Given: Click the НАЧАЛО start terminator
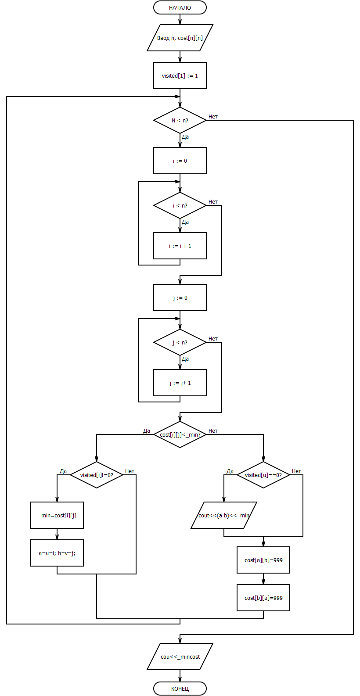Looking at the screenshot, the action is click(x=180, y=7).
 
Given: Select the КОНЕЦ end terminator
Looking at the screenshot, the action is click(x=180, y=689).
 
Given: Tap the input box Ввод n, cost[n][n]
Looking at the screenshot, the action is click(x=180, y=38).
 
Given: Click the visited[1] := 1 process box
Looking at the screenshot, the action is click(x=180, y=75).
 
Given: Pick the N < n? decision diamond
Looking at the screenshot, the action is click(x=180, y=120).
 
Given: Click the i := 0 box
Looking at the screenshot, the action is click(x=180, y=161).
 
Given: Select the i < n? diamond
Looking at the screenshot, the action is click(x=180, y=205).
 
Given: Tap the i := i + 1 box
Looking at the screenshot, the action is click(x=180, y=246).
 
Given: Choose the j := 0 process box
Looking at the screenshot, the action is click(x=180, y=298).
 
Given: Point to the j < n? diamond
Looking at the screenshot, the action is click(x=180, y=342).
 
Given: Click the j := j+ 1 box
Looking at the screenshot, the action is click(x=180, y=383).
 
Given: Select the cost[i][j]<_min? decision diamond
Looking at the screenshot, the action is click(x=180, y=434).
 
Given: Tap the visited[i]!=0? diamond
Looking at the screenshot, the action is click(x=97, y=475).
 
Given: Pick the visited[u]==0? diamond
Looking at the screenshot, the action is click(x=263, y=475).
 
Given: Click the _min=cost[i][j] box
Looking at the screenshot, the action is click(x=57, y=515).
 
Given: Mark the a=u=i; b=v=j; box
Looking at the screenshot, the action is click(x=57, y=553).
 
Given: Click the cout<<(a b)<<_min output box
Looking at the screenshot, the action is click(x=224, y=515).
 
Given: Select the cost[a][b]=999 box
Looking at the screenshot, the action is click(x=263, y=560).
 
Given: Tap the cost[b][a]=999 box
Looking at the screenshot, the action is click(x=263, y=598).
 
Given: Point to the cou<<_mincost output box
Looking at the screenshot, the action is click(x=180, y=657).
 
